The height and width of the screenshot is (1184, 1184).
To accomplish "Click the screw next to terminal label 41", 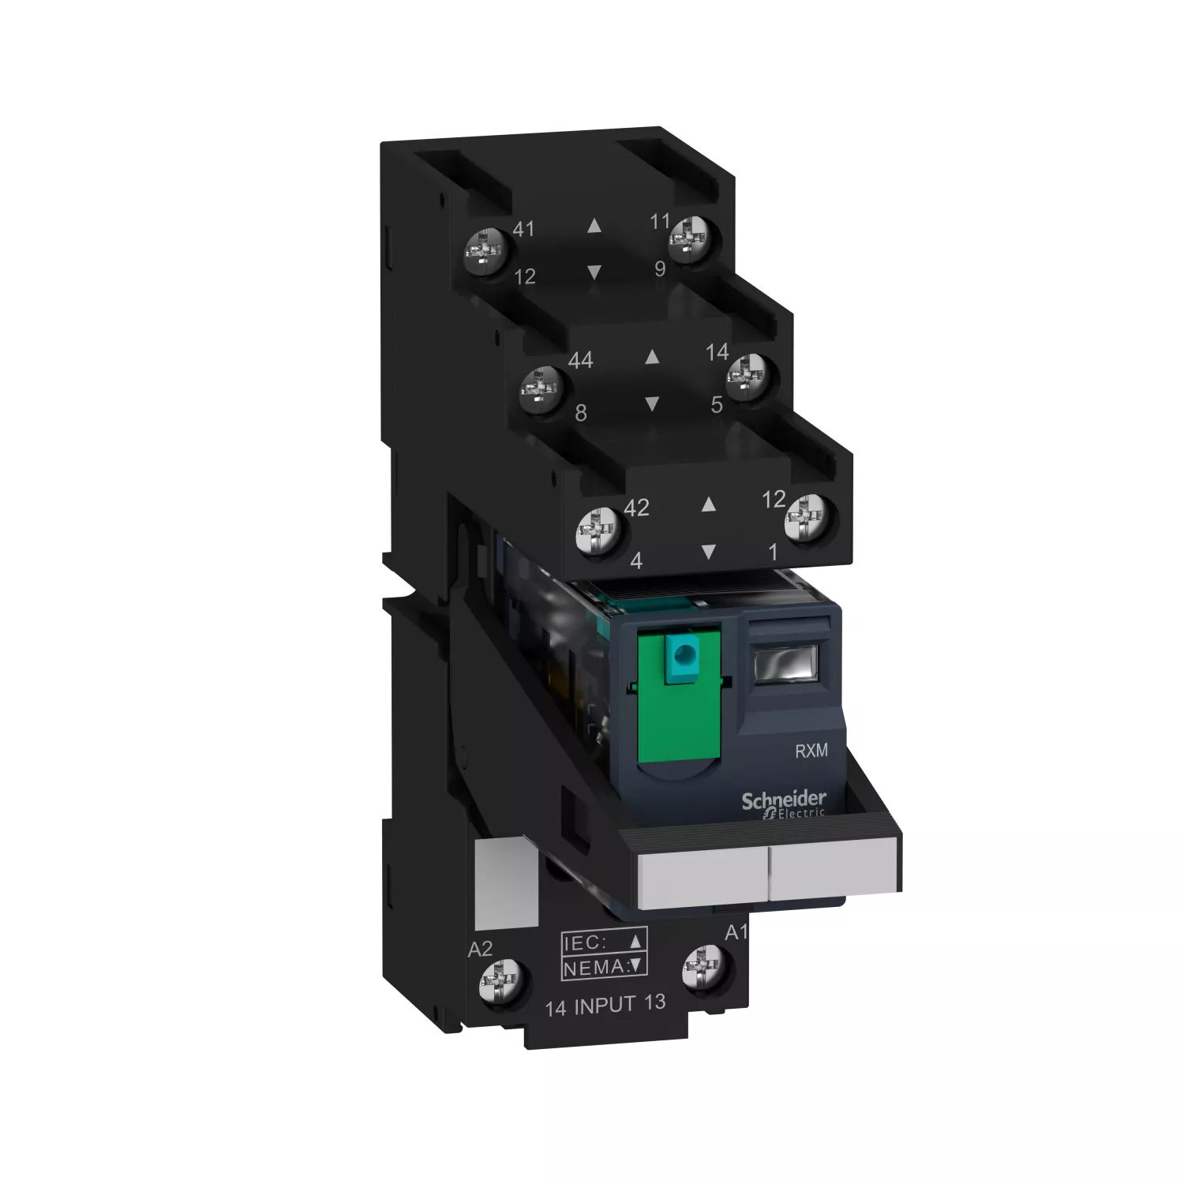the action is pos(484,251).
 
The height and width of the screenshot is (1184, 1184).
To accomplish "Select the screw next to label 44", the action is pos(544,388).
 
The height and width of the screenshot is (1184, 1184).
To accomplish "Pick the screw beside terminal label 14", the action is pos(748,377).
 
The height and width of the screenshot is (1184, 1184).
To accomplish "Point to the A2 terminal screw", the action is pos(504,984).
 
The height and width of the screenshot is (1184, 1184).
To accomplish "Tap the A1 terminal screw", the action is pos(704,969).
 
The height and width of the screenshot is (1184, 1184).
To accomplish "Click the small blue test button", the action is pos(683,654).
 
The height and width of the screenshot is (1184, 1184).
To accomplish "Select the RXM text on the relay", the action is pos(811,750).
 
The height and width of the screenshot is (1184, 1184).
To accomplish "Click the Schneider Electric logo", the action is pos(784,805).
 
